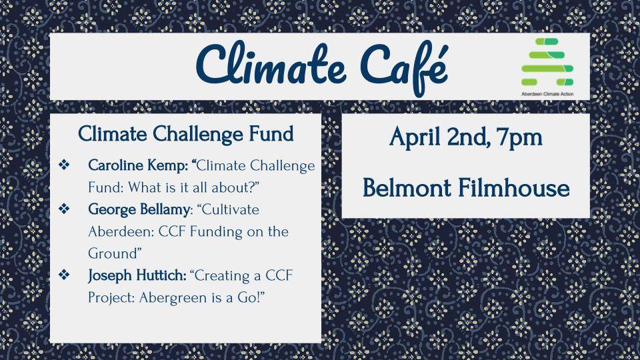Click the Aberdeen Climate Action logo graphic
point(547,62)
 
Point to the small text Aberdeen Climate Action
point(547,93)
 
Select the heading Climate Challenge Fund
point(186,134)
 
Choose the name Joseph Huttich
point(137,275)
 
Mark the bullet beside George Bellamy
point(65,209)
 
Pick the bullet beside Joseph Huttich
point(65,275)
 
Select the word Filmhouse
point(513,188)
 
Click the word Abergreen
point(170,297)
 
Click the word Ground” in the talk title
point(115,253)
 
